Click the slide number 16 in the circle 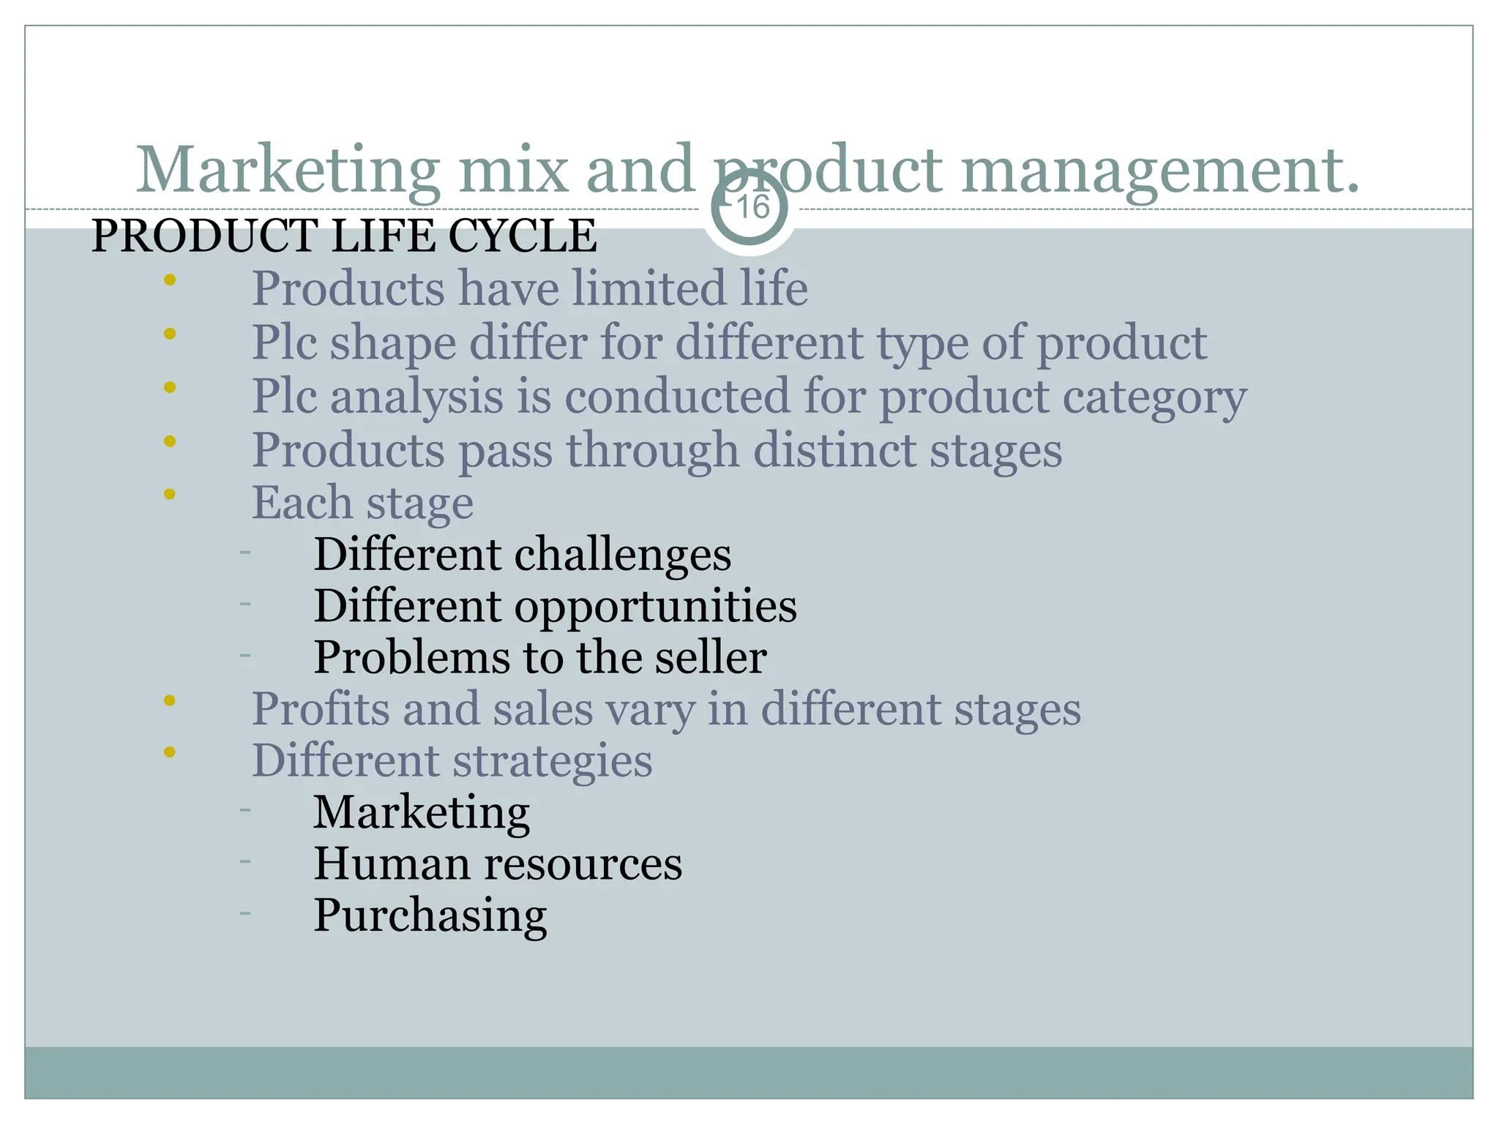click(x=752, y=207)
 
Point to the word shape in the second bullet click(x=393, y=342)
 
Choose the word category click(x=1154, y=397)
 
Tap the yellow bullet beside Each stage click(x=170, y=494)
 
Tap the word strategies click(x=553, y=760)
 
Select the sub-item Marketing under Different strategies click(x=422, y=812)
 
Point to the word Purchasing click(x=430, y=915)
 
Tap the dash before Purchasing click(x=245, y=913)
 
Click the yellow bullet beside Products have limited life click(x=170, y=280)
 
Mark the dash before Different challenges click(x=245, y=552)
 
